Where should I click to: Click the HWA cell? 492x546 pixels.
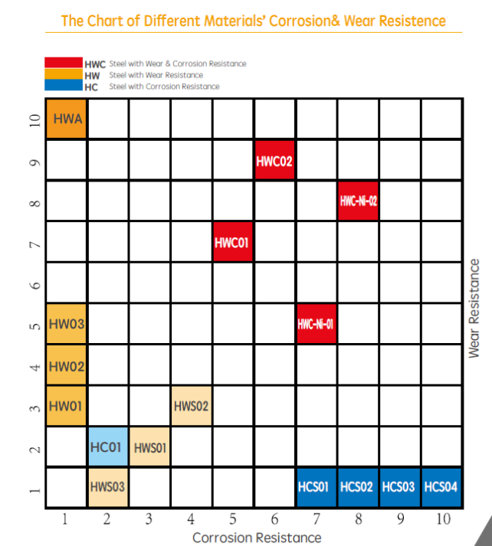(67, 119)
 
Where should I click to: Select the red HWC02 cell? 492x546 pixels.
(274, 161)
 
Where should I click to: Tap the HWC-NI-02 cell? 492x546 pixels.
(358, 201)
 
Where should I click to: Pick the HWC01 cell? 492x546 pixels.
(233, 243)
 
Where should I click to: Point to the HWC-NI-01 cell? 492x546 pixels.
(316, 324)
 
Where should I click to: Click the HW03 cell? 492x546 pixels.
(67, 324)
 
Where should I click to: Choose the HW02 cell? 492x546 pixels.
(67, 365)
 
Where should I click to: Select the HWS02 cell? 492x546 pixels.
(191, 406)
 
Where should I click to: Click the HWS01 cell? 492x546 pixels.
(149, 446)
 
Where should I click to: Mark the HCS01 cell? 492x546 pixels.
(316, 487)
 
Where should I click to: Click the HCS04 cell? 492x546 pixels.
(441, 487)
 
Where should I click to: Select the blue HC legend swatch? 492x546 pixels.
(63, 87)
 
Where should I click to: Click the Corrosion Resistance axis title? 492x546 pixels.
(257, 538)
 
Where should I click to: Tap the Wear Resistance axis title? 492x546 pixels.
(474, 309)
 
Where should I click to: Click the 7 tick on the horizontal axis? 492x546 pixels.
(316, 520)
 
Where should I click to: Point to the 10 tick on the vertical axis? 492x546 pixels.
(33, 120)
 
